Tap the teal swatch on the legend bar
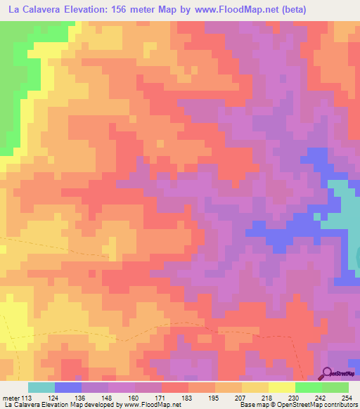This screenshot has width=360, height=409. coord(41,387)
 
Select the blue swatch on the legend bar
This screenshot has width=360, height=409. coord(68,387)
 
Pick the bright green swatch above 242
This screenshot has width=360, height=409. coord(309,387)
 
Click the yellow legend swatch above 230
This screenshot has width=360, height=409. coord(282,387)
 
